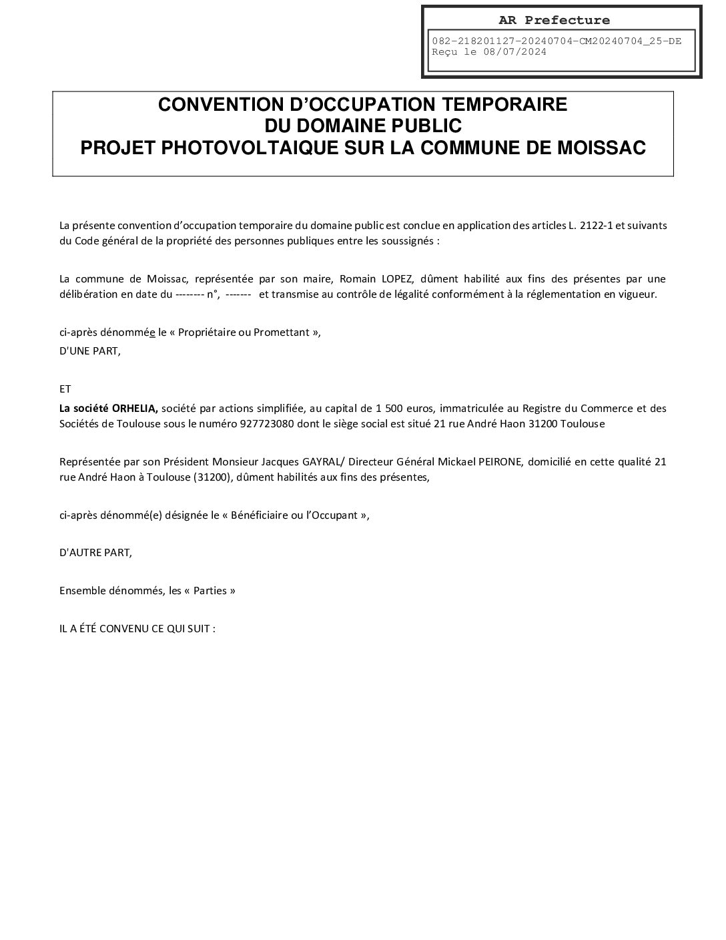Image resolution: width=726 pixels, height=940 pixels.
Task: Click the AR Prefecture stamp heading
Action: point(554,20)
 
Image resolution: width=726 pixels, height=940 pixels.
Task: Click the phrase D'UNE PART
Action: point(90,350)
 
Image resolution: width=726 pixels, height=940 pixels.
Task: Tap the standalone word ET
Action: point(65,389)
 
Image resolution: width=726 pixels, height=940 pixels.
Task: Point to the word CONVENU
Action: point(126,629)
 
